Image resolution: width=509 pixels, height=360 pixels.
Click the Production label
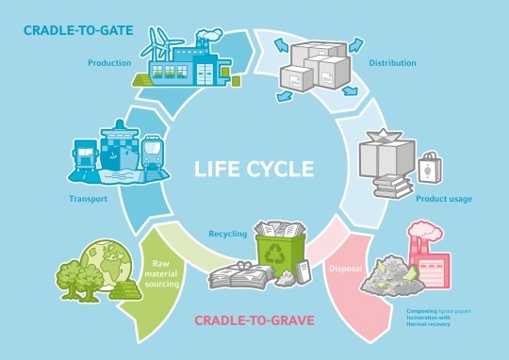tap(108, 63)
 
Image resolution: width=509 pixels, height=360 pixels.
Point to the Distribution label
tap(394, 63)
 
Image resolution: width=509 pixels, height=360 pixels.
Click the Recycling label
tap(228, 232)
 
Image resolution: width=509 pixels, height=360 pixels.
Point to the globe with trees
tap(96, 266)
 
